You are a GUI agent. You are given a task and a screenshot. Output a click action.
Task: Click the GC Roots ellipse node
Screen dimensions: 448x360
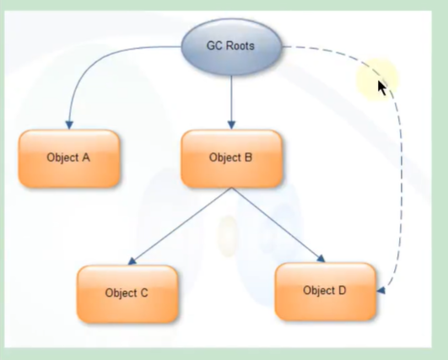pyautogui.click(x=231, y=46)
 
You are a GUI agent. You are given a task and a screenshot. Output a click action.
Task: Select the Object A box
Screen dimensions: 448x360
pyautogui.click(x=69, y=159)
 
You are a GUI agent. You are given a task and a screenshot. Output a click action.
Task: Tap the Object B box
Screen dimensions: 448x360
pyautogui.click(x=231, y=159)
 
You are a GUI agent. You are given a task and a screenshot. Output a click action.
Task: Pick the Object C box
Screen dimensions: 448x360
pyautogui.click(x=127, y=293)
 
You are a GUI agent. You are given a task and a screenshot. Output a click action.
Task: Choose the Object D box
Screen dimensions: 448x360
pyautogui.click(x=325, y=292)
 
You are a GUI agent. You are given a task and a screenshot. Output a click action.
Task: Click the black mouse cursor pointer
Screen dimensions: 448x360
pyautogui.click(x=381, y=88)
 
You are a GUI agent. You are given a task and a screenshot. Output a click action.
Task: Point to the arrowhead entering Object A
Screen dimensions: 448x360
pyautogui.click(x=69, y=126)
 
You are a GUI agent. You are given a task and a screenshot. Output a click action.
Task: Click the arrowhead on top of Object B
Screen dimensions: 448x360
pyautogui.click(x=231, y=126)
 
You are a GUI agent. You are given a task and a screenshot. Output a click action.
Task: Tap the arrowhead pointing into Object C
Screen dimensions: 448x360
pyautogui.click(x=132, y=261)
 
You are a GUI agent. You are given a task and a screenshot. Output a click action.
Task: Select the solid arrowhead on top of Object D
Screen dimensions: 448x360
pyautogui.click(x=321, y=259)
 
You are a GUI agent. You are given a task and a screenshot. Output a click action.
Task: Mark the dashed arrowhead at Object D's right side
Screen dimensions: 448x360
pyautogui.click(x=381, y=290)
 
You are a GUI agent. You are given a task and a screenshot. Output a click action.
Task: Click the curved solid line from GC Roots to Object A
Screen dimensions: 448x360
pyautogui.click(x=94, y=57)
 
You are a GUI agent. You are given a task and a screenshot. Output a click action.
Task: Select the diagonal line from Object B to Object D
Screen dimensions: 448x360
pyautogui.click(x=277, y=223)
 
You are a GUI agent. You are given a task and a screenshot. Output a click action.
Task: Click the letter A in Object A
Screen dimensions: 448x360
pyautogui.click(x=86, y=158)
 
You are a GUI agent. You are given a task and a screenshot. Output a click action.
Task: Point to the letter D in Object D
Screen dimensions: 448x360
pyautogui.click(x=342, y=290)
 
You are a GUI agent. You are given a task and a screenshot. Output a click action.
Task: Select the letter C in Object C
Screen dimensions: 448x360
pyautogui.click(x=143, y=293)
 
